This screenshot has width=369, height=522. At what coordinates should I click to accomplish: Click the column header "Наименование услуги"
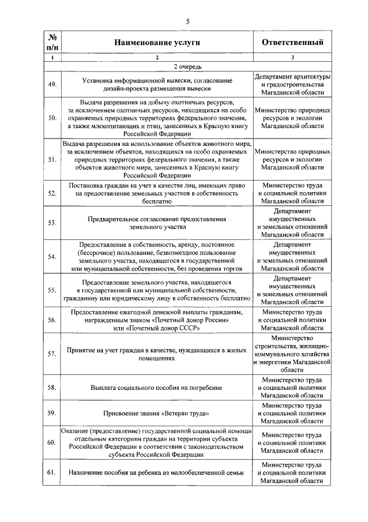(x=157, y=43)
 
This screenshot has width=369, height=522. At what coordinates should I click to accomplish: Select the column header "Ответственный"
(x=292, y=43)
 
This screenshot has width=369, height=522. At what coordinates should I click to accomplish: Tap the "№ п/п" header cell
(x=52, y=43)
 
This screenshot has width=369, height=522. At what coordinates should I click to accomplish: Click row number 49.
(x=52, y=85)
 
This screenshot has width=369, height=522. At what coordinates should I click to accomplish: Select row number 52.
(x=52, y=194)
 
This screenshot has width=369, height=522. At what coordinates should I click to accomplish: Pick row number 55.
(x=52, y=290)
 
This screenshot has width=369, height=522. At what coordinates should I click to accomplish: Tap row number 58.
(x=52, y=388)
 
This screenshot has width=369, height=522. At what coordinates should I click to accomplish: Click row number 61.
(x=52, y=472)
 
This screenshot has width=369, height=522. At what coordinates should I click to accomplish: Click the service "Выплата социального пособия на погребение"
(x=157, y=388)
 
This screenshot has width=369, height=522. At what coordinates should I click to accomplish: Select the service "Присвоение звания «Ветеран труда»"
(x=157, y=414)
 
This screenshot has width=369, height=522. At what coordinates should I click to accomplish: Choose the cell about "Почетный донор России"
(x=157, y=320)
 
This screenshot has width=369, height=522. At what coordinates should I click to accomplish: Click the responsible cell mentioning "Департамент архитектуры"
(x=292, y=85)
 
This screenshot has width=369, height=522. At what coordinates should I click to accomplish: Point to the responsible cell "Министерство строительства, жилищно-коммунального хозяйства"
(x=292, y=354)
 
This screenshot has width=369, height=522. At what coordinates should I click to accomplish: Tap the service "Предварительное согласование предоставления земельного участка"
(x=157, y=223)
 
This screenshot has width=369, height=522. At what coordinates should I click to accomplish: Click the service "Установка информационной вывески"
(x=157, y=85)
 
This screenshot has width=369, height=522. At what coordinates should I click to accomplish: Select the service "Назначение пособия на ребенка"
(x=157, y=472)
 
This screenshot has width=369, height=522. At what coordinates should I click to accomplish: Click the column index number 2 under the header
(x=157, y=58)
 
